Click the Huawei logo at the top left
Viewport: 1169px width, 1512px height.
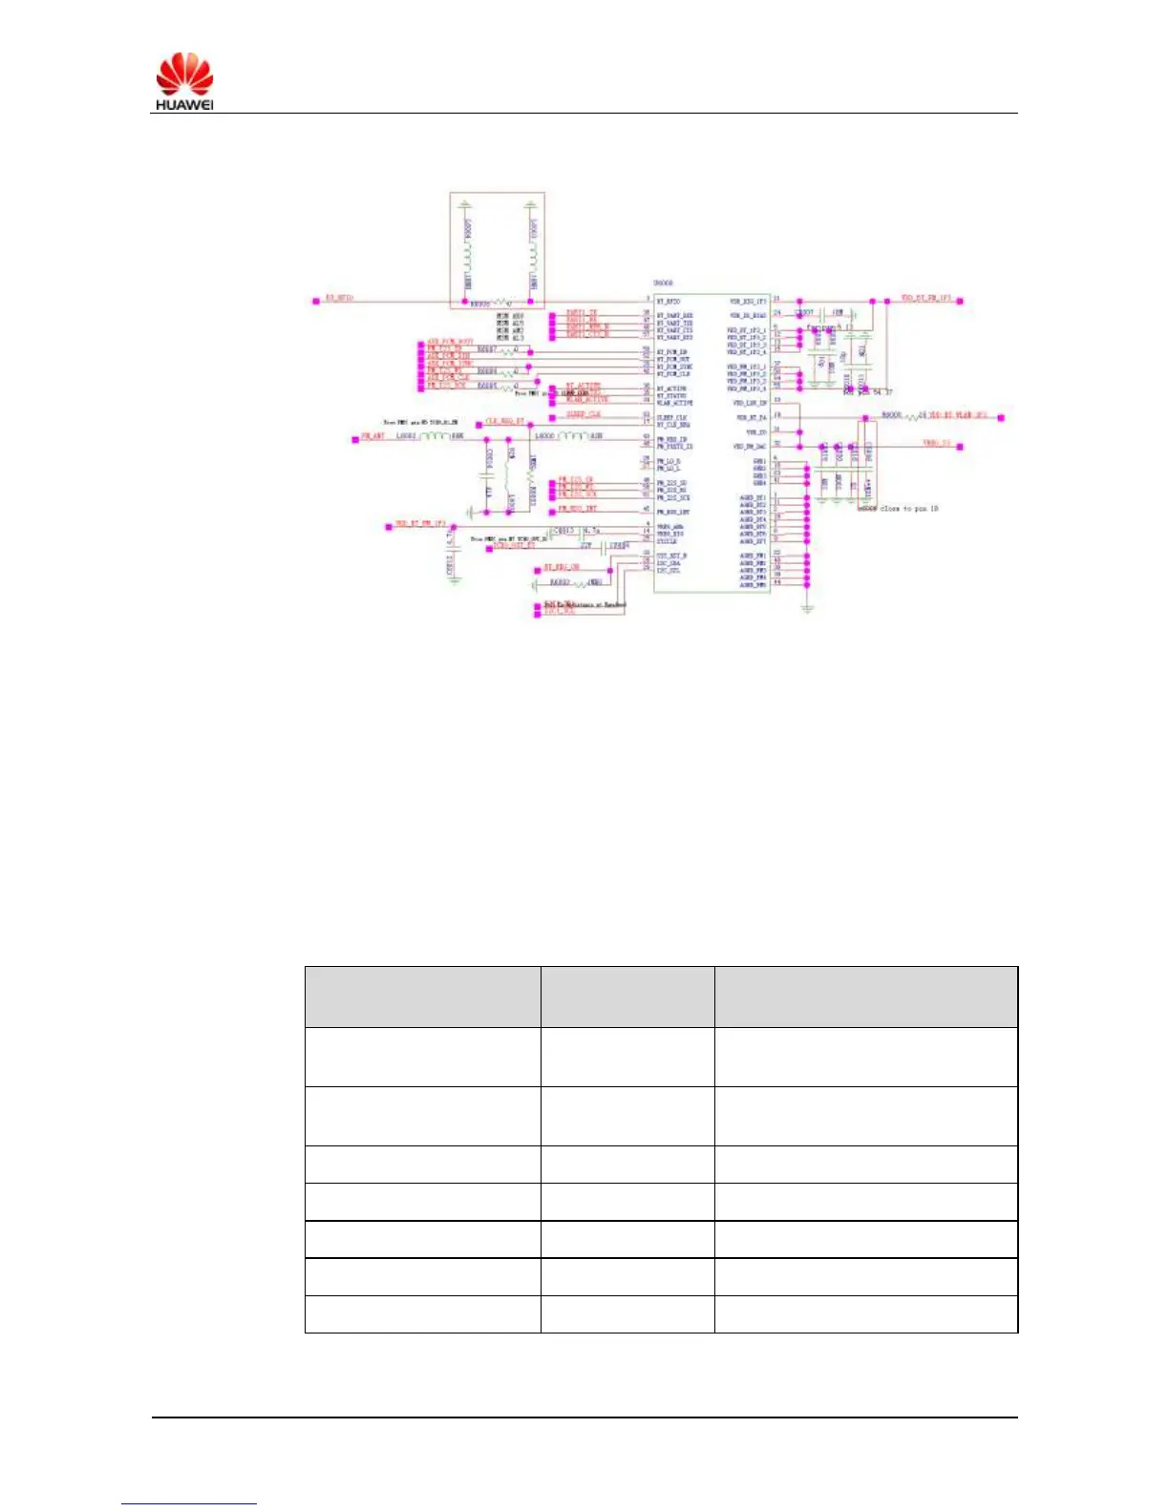(185, 81)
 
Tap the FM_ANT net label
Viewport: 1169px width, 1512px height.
(372, 436)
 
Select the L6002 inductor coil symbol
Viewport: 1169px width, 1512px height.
(434, 436)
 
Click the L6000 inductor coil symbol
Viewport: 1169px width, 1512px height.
(571, 436)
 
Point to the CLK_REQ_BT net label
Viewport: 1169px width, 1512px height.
(504, 421)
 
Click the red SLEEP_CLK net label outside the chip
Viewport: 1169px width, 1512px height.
(584, 414)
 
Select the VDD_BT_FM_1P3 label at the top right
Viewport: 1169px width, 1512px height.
(925, 299)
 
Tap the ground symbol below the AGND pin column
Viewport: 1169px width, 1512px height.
(807, 606)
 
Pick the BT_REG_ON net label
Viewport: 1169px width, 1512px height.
(562, 568)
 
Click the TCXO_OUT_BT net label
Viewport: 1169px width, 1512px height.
(513, 545)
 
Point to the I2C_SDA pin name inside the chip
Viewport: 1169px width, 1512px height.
(669, 563)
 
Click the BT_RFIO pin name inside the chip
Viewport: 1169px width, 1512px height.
(668, 302)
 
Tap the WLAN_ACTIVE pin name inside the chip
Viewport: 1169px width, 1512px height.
(674, 404)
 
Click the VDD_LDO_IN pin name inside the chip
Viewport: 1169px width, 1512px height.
(750, 404)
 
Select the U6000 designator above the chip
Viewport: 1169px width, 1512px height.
(663, 283)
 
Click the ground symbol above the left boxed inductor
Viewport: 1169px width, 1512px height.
(465, 204)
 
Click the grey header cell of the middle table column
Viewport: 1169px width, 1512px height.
(627, 997)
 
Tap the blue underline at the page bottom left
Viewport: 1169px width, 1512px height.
(189, 1503)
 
